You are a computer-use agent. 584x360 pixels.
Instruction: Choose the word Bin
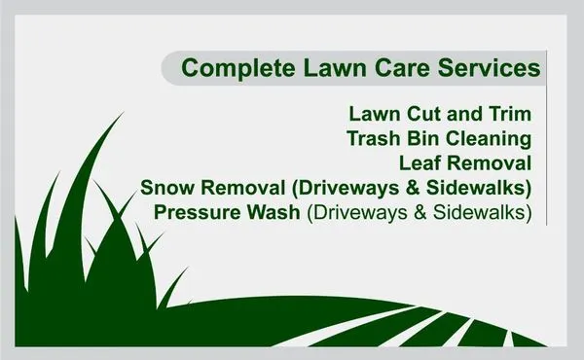click(426, 138)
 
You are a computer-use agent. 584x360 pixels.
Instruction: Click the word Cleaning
click(493, 138)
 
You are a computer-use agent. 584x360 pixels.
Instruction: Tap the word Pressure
click(196, 210)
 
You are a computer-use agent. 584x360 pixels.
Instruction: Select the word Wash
click(272, 210)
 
